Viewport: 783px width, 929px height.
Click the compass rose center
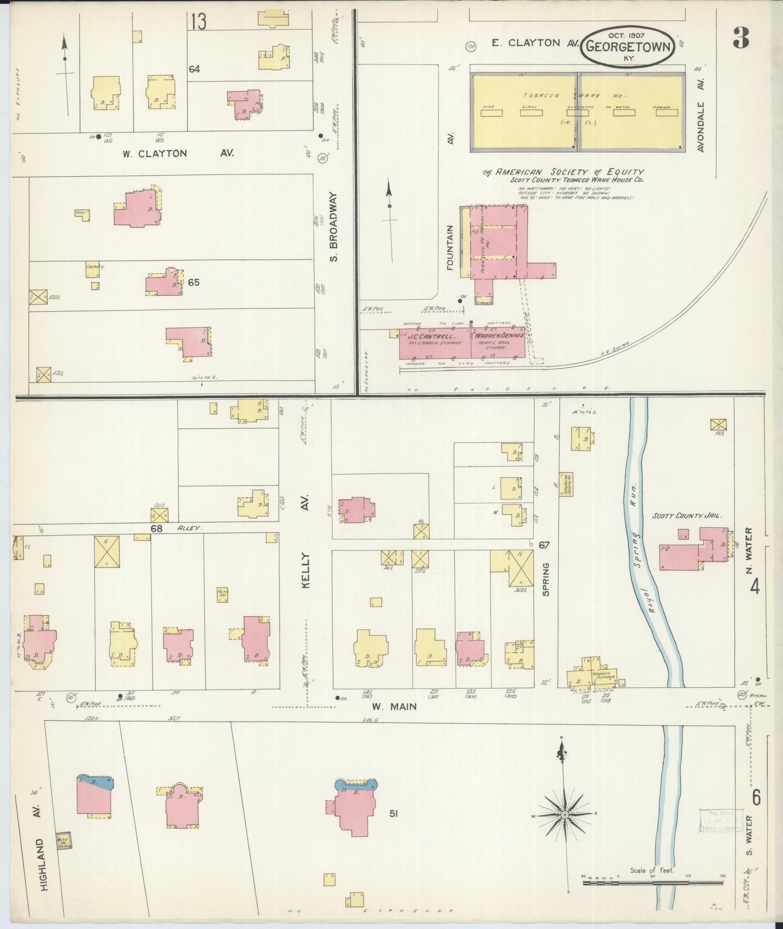point(565,815)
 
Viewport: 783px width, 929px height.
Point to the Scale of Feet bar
point(652,883)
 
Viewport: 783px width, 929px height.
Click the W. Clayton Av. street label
point(178,153)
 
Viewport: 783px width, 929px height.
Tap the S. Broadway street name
point(334,227)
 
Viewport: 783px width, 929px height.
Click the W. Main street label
point(394,706)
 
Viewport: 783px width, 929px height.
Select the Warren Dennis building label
point(500,336)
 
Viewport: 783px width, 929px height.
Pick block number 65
point(193,282)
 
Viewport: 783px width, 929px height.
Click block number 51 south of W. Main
point(393,813)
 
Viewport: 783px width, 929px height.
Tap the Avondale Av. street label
point(701,126)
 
